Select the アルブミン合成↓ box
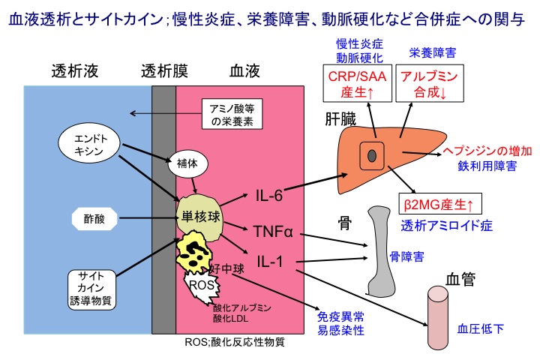(430, 85)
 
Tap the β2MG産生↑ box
(439, 203)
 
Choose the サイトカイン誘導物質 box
(91, 287)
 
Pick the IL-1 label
(268, 262)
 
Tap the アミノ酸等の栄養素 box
(232, 114)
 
